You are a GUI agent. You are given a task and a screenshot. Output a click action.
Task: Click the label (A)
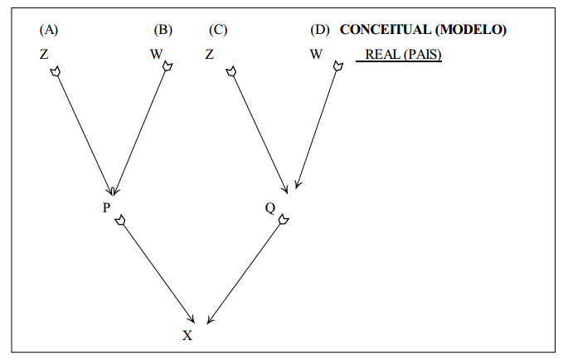tap(49, 31)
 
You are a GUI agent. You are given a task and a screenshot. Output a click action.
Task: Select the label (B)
tap(163, 31)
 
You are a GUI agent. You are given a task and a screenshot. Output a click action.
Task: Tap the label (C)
tap(218, 31)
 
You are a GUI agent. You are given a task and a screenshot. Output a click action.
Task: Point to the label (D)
tap(320, 31)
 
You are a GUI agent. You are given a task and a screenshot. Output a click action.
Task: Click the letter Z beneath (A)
tap(43, 56)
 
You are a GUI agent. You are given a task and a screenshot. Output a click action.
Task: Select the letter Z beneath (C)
tap(210, 56)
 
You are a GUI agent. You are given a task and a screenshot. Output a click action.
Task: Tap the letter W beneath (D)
tap(316, 56)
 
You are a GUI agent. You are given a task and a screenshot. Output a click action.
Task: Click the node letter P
tap(106, 207)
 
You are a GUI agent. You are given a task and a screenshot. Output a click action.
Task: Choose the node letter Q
tap(270, 207)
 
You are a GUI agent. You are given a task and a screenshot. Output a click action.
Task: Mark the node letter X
tap(187, 335)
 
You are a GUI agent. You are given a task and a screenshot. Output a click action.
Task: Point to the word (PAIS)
tap(421, 56)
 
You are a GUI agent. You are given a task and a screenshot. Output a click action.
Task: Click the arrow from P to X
tap(158, 270)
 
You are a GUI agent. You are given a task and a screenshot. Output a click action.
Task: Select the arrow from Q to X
tap(245, 270)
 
